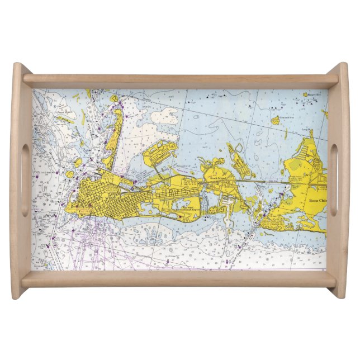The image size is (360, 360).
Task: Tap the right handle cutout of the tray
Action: click(333, 180)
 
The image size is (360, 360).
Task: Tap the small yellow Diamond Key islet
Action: click(275, 120)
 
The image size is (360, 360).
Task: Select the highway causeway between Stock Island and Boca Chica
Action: click(263, 182)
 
